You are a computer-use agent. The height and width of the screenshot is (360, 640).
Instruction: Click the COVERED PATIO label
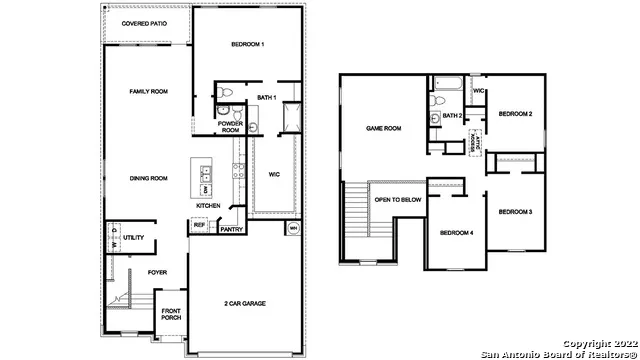145,22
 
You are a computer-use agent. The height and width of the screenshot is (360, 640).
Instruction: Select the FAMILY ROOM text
147,91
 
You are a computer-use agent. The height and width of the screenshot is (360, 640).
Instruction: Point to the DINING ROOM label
147,178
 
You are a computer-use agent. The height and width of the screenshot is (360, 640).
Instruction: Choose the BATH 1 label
266,97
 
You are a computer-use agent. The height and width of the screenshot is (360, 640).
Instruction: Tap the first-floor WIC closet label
273,174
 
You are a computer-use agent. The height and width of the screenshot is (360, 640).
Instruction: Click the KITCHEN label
208,206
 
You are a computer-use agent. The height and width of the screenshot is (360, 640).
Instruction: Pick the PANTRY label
231,229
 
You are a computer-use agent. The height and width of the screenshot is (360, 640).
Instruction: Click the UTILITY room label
134,238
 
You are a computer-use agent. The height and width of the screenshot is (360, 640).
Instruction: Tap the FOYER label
157,272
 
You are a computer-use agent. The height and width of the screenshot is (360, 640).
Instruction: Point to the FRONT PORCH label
172,313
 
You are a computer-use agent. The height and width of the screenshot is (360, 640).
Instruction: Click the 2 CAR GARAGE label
244,303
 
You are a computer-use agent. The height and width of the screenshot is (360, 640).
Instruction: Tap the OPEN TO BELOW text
396,199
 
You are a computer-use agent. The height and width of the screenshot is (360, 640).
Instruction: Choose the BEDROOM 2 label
515,113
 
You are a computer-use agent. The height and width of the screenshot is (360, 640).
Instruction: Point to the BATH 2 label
452,116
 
